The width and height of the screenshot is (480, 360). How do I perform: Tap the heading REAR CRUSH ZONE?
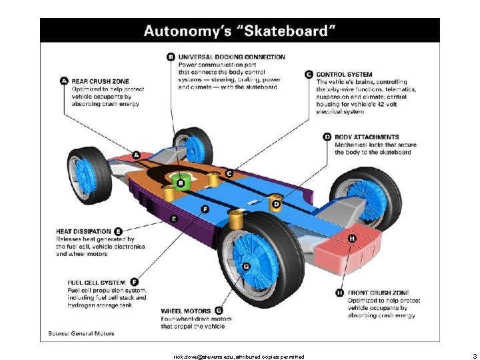[x=101, y=81]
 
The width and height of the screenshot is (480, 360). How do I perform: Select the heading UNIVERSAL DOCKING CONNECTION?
[x=231, y=57]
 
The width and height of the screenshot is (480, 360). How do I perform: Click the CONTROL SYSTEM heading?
[x=344, y=75]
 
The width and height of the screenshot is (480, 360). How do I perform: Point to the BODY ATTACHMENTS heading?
[x=367, y=137]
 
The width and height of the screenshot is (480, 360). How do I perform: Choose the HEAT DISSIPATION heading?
[x=83, y=231]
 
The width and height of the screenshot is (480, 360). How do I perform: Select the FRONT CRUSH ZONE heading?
[x=378, y=293]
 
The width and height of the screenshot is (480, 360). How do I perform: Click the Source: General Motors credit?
[x=81, y=333]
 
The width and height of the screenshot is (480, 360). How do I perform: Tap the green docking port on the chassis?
[x=181, y=181]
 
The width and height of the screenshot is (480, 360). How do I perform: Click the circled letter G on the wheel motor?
[x=245, y=267]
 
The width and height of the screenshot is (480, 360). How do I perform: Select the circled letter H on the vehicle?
[x=351, y=238]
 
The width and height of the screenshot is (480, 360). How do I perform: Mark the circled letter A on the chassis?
[x=136, y=155]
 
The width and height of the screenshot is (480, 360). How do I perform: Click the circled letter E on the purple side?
[x=174, y=218]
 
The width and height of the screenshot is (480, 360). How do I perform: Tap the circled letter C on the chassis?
[x=229, y=173]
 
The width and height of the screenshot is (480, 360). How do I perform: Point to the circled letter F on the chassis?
[x=205, y=209]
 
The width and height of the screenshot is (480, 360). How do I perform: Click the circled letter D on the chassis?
[x=275, y=204]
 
